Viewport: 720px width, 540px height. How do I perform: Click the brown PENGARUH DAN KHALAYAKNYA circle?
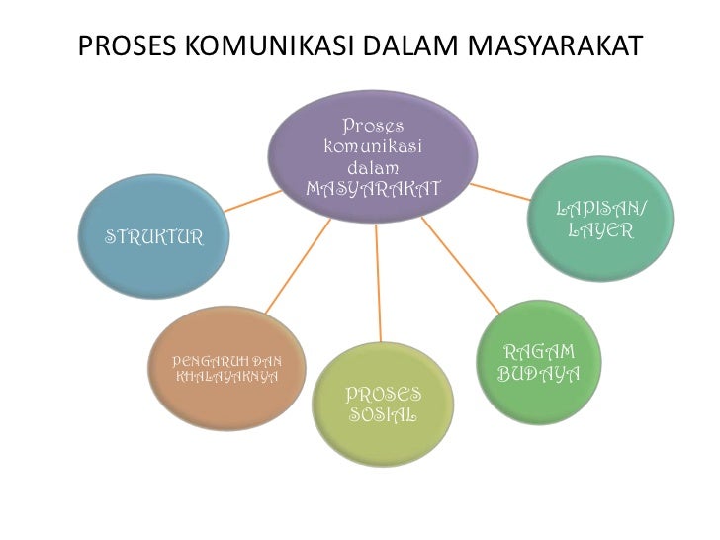(227, 368)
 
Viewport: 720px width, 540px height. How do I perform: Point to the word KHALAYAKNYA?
(226, 377)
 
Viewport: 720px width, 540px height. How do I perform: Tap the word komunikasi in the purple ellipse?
(373, 146)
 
